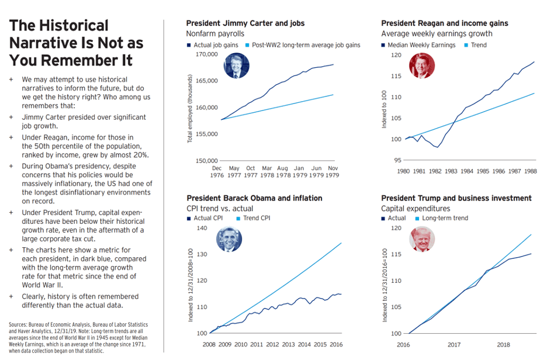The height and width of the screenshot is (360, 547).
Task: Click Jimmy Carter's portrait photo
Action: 236,66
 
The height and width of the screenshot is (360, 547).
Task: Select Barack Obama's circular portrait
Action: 229,239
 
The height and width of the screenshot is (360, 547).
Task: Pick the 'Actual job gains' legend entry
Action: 213,45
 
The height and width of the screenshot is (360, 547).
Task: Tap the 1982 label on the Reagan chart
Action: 435,171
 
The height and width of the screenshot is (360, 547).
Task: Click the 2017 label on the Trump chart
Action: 453,345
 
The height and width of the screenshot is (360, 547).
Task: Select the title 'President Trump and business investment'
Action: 456,199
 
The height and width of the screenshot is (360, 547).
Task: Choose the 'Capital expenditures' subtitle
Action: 416,209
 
